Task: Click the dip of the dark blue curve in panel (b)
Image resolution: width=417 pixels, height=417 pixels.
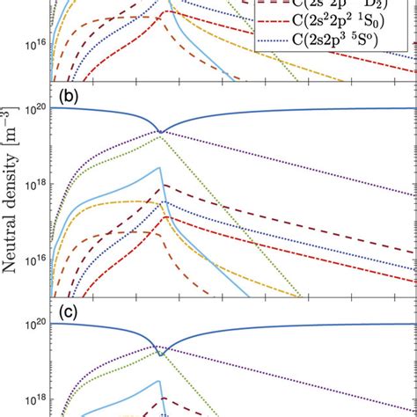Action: (160, 132)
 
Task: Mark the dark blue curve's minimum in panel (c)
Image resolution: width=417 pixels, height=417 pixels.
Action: (160, 354)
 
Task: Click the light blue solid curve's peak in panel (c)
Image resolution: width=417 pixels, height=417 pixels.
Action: (159, 382)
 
